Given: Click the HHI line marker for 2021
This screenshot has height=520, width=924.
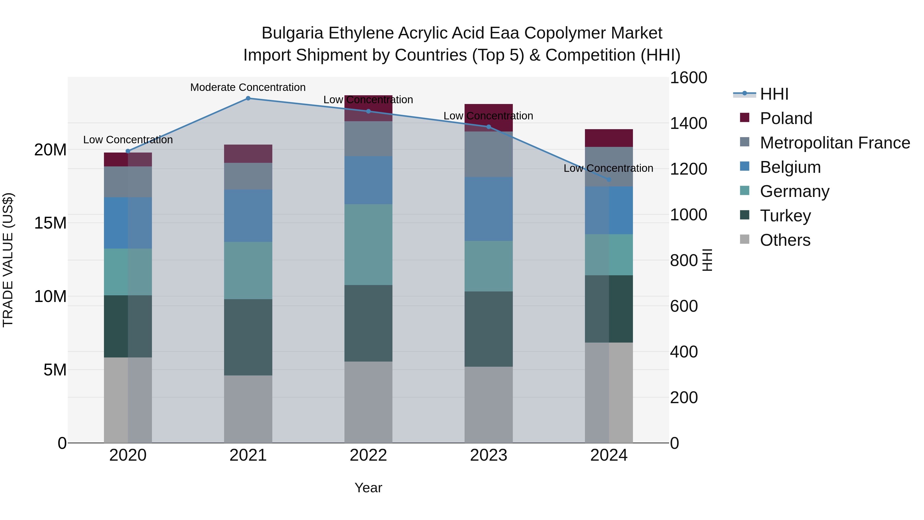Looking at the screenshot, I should [248, 98].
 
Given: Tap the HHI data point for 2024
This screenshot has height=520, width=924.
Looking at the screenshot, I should [609, 179].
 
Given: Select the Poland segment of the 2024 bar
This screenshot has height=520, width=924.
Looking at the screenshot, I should [609, 138].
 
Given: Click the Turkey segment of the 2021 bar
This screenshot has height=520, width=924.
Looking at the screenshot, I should [248, 337].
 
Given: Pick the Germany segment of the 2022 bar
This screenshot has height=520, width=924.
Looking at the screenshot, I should [368, 245].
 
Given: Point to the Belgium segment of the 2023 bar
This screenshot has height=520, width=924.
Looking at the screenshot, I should [488, 209].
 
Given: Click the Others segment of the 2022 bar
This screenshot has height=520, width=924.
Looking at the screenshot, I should [368, 402].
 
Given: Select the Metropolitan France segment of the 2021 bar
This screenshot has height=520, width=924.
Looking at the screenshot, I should [248, 176].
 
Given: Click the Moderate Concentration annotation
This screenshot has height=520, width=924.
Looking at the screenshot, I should [248, 87].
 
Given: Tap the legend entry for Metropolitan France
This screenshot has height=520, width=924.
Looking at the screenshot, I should [835, 143].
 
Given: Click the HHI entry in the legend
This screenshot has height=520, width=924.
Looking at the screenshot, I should [774, 94].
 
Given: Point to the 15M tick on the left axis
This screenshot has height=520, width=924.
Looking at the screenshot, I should [50, 223].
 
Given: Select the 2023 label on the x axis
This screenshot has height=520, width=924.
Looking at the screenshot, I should [488, 455].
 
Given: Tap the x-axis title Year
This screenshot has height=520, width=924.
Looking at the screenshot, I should [368, 488].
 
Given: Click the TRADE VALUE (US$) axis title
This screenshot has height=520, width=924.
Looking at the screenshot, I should [8, 260].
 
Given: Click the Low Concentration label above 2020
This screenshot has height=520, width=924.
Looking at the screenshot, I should [128, 140].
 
